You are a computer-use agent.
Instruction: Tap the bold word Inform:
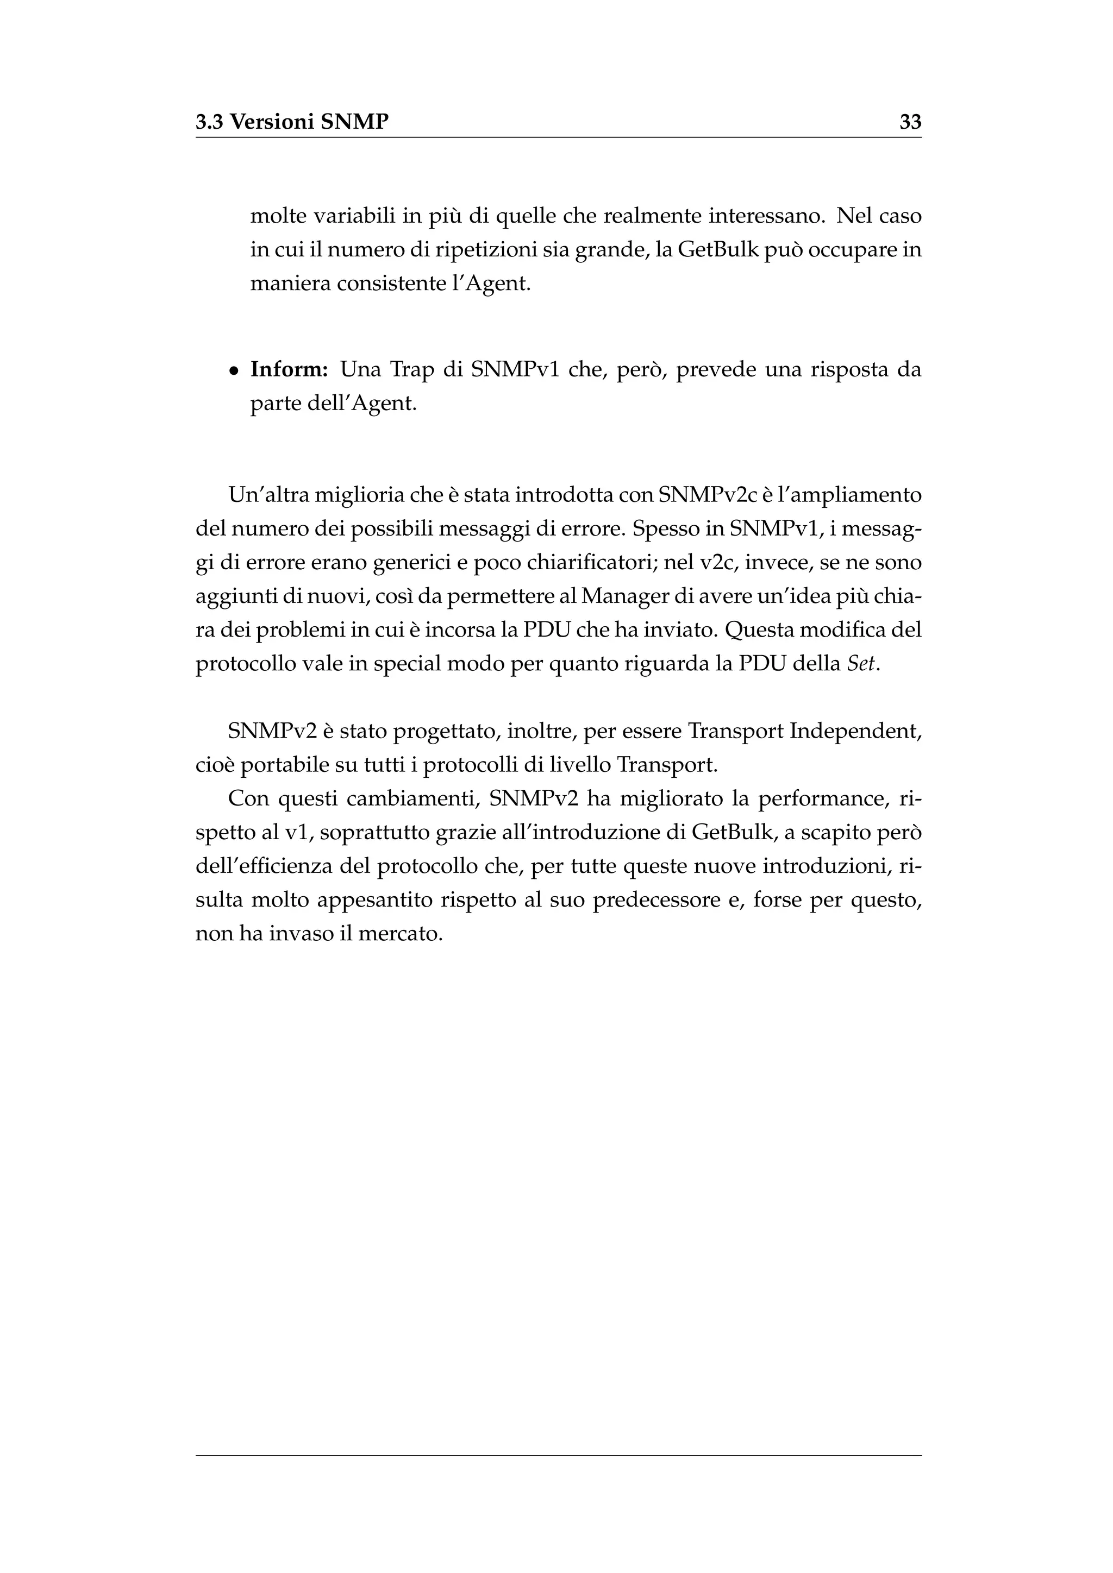289,370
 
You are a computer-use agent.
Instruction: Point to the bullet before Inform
234,372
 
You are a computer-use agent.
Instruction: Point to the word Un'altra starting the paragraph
268,495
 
